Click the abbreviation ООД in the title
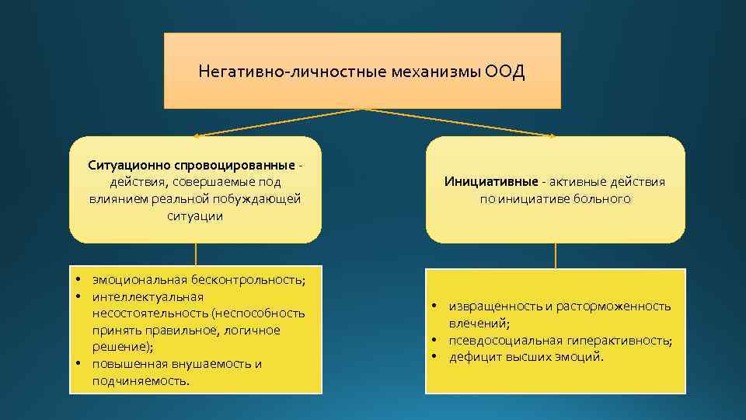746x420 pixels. coord(506,72)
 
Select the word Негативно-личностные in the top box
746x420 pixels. coord(265,72)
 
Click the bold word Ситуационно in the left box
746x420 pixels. coord(127,165)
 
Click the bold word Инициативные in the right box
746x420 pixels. coord(491,181)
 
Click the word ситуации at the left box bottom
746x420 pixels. coord(195,216)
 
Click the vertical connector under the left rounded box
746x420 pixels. coord(195,255)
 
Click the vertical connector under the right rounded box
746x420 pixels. coord(556,255)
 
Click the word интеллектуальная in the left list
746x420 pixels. coord(147,296)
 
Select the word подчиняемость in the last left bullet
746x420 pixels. coord(140,381)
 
